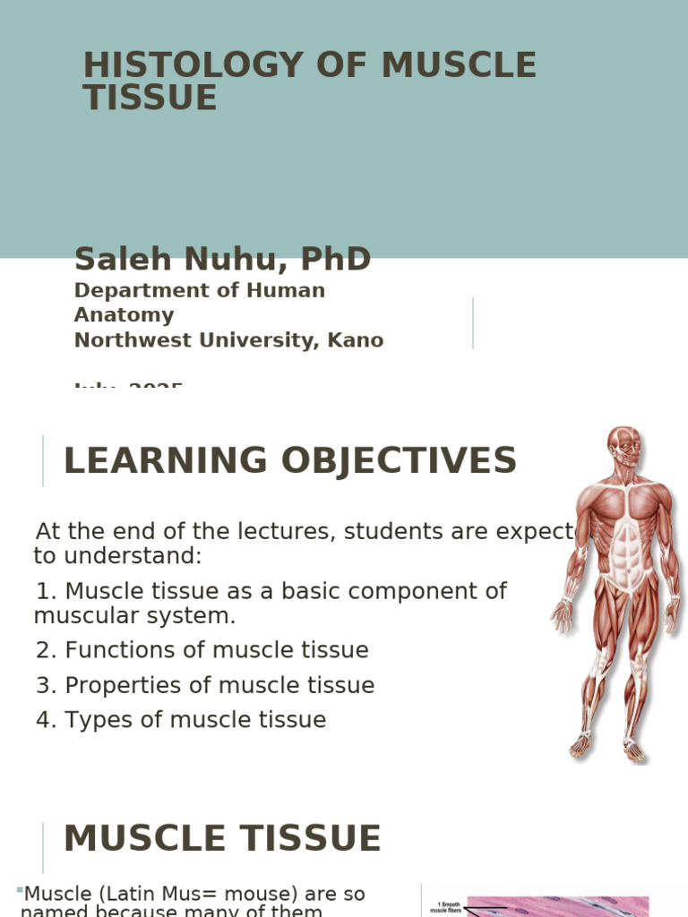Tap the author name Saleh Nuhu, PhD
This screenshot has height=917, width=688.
click(222, 260)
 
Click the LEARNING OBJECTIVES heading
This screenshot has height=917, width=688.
click(289, 460)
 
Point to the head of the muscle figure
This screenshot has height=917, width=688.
click(623, 444)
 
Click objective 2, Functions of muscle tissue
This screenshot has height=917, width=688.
click(202, 650)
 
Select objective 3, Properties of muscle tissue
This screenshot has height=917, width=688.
click(205, 685)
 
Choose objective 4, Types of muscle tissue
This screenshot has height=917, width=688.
click(181, 720)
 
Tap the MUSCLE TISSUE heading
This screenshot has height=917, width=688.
click(222, 839)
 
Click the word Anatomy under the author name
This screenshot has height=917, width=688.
click(124, 315)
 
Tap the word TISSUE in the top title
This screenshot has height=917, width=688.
click(150, 99)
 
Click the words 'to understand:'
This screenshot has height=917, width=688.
click(118, 556)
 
